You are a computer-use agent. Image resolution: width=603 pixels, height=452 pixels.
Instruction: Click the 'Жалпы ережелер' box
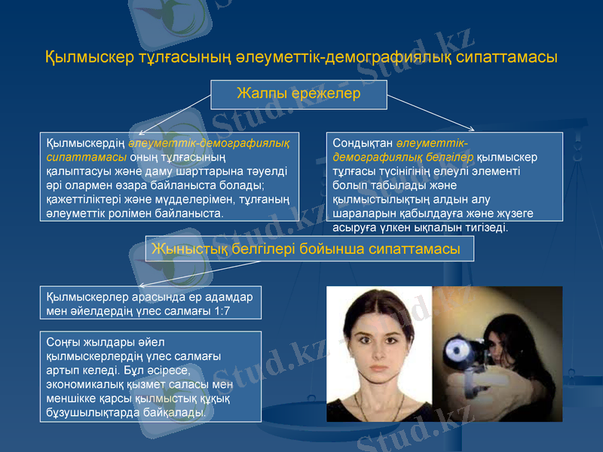(299, 95)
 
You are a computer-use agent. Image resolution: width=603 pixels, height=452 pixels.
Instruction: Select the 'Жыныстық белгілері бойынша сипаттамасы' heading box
(309, 249)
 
